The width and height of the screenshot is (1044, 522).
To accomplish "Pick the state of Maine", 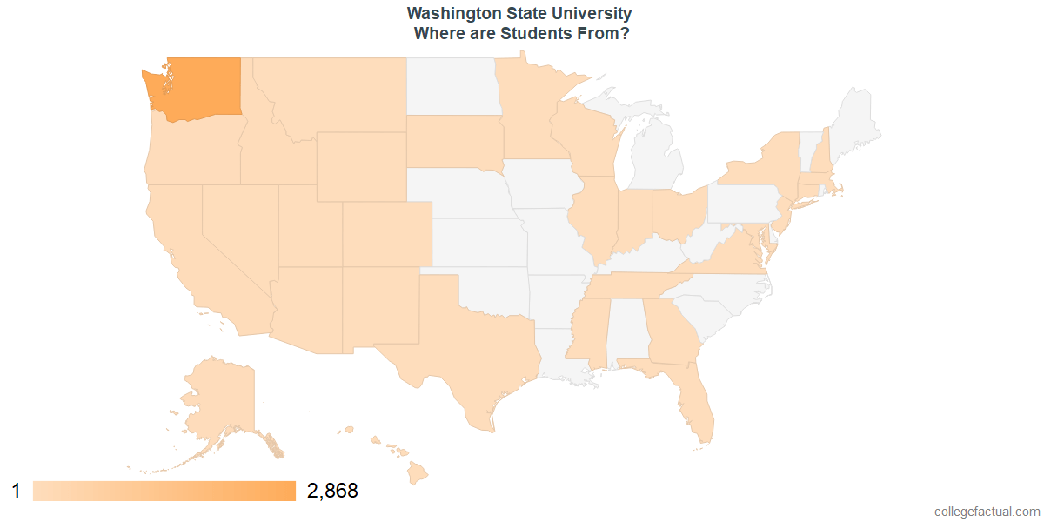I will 857,126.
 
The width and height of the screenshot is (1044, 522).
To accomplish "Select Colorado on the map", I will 386,234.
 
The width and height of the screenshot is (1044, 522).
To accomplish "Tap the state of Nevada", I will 239,226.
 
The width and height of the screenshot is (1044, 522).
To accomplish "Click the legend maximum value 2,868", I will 332,492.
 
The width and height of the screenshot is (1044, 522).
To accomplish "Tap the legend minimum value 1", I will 16,492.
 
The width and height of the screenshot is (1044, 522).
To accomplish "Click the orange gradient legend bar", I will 164,492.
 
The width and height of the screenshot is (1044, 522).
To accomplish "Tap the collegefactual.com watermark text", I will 987,512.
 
